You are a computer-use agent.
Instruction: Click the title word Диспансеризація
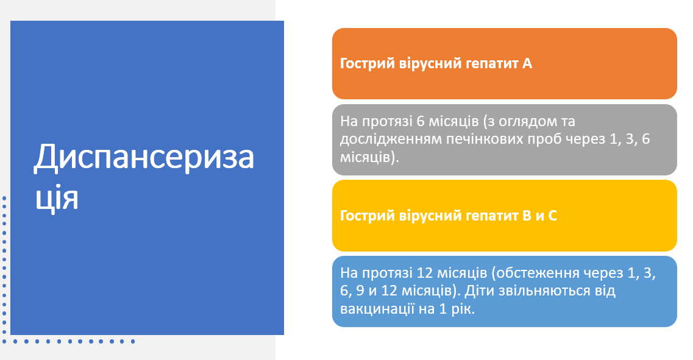click(x=144, y=176)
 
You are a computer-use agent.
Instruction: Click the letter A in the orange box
click(x=527, y=63)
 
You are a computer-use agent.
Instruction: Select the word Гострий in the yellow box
click(x=368, y=216)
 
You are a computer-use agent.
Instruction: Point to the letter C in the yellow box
click(x=552, y=216)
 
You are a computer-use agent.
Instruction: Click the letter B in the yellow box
click(x=527, y=216)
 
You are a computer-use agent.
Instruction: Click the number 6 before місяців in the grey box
click(x=421, y=121)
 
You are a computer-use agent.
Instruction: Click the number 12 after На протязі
click(x=424, y=273)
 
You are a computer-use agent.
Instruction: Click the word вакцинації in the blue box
click(x=377, y=309)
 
